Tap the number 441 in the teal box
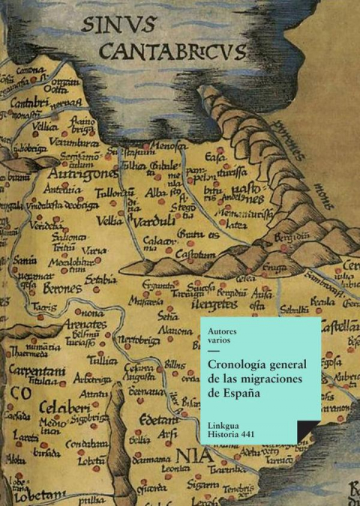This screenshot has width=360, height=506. tap(256, 437)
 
